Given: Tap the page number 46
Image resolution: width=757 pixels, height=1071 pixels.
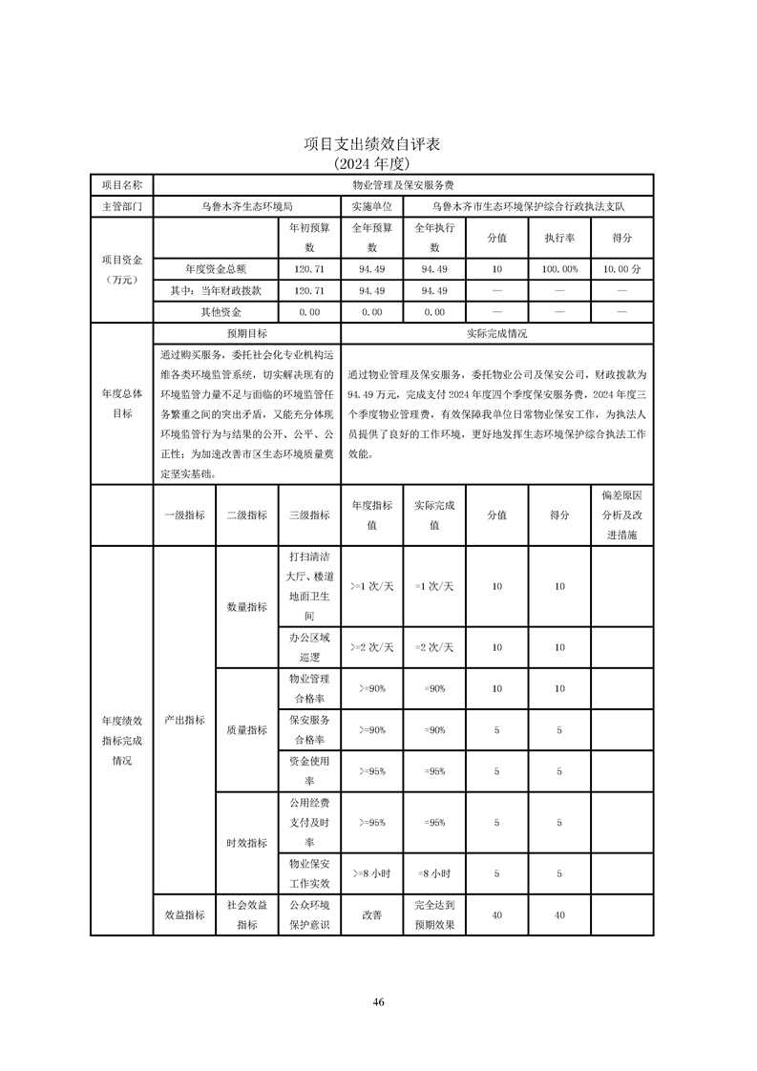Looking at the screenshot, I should (x=378, y=1001).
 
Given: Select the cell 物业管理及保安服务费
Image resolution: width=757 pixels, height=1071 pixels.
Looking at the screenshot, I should (x=402, y=184).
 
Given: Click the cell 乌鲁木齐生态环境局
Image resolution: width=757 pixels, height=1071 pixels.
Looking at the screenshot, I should (x=246, y=205).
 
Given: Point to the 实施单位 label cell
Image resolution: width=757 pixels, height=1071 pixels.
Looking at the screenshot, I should (x=371, y=205).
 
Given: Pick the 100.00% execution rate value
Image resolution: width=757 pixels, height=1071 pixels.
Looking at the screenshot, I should (x=559, y=270).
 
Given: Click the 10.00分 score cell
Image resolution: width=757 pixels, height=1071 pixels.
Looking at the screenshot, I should (x=622, y=270).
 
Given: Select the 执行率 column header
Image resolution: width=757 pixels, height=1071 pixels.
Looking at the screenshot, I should (x=559, y=238).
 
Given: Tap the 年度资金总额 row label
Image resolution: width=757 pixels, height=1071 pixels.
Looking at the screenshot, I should (x=216, y=270).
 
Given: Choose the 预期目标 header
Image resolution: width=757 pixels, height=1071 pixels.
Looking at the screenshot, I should (x=246, y=334).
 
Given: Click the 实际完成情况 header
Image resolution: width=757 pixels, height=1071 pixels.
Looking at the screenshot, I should (x=496, y=334).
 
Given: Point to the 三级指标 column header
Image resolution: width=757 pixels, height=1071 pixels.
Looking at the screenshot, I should (x=308, y=514).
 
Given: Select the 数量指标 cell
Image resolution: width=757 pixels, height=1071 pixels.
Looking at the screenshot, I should (x=246, y=606).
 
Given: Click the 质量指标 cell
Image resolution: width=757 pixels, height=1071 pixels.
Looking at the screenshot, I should (x=246, y=730).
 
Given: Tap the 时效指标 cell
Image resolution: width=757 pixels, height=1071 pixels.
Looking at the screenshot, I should (x=246, y=842).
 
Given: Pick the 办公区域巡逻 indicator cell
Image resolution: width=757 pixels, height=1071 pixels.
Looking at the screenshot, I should (x=308, y=646).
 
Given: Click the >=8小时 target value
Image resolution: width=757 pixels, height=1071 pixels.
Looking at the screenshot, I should (x=371, y=872).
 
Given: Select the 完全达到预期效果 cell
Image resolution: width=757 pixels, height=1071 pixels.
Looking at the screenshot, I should (x=434, y=914).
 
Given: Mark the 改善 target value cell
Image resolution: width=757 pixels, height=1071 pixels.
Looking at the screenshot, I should (x=371, y=914).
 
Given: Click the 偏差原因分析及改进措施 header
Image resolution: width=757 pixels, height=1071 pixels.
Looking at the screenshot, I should (x=622, y=514).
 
